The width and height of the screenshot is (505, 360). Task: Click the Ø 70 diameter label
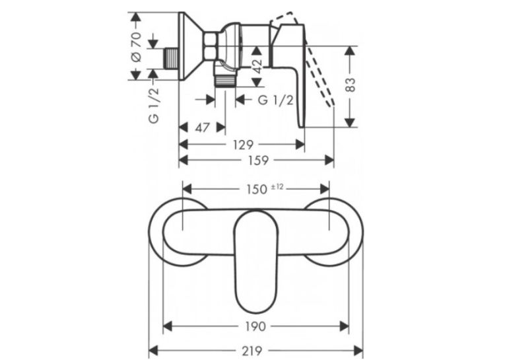tap(136, 47)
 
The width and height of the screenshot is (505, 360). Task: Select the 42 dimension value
tap(257, 67)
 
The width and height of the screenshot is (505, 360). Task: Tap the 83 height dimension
tap(351, 85)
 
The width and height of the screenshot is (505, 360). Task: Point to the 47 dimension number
tap(202, 127)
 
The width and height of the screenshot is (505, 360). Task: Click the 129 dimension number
tap(243, 145)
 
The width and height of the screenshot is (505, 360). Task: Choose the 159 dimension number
tap(258, 160)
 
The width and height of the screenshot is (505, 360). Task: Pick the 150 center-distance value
tap(257, 190)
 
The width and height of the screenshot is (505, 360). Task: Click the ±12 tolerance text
tap(277, 187)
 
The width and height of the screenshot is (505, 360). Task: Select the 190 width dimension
tap(255, 326)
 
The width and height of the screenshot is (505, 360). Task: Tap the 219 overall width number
tap(252, 350)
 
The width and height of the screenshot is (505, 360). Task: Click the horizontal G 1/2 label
tap(276, 100)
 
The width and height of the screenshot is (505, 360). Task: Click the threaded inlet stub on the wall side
tap(171, 58)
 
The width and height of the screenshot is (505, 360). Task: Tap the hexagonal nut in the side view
tap(211, 46)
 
